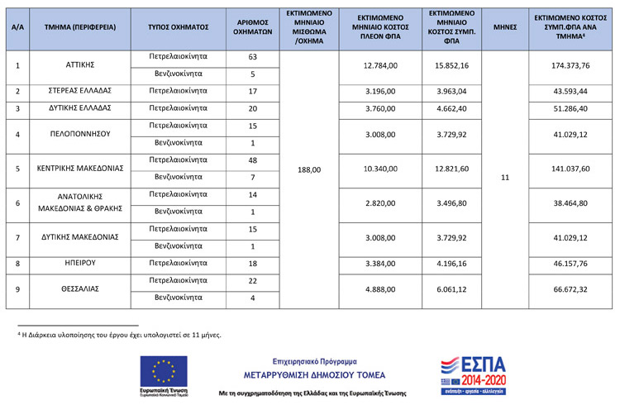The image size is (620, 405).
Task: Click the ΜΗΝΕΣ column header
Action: click(506, 26)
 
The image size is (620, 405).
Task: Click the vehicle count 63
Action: click(253, 56)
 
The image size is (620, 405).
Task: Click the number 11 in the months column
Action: click(506, 177)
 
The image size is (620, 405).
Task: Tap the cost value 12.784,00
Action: click(381, 64)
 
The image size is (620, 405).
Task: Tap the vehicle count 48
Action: click(253, 160)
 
